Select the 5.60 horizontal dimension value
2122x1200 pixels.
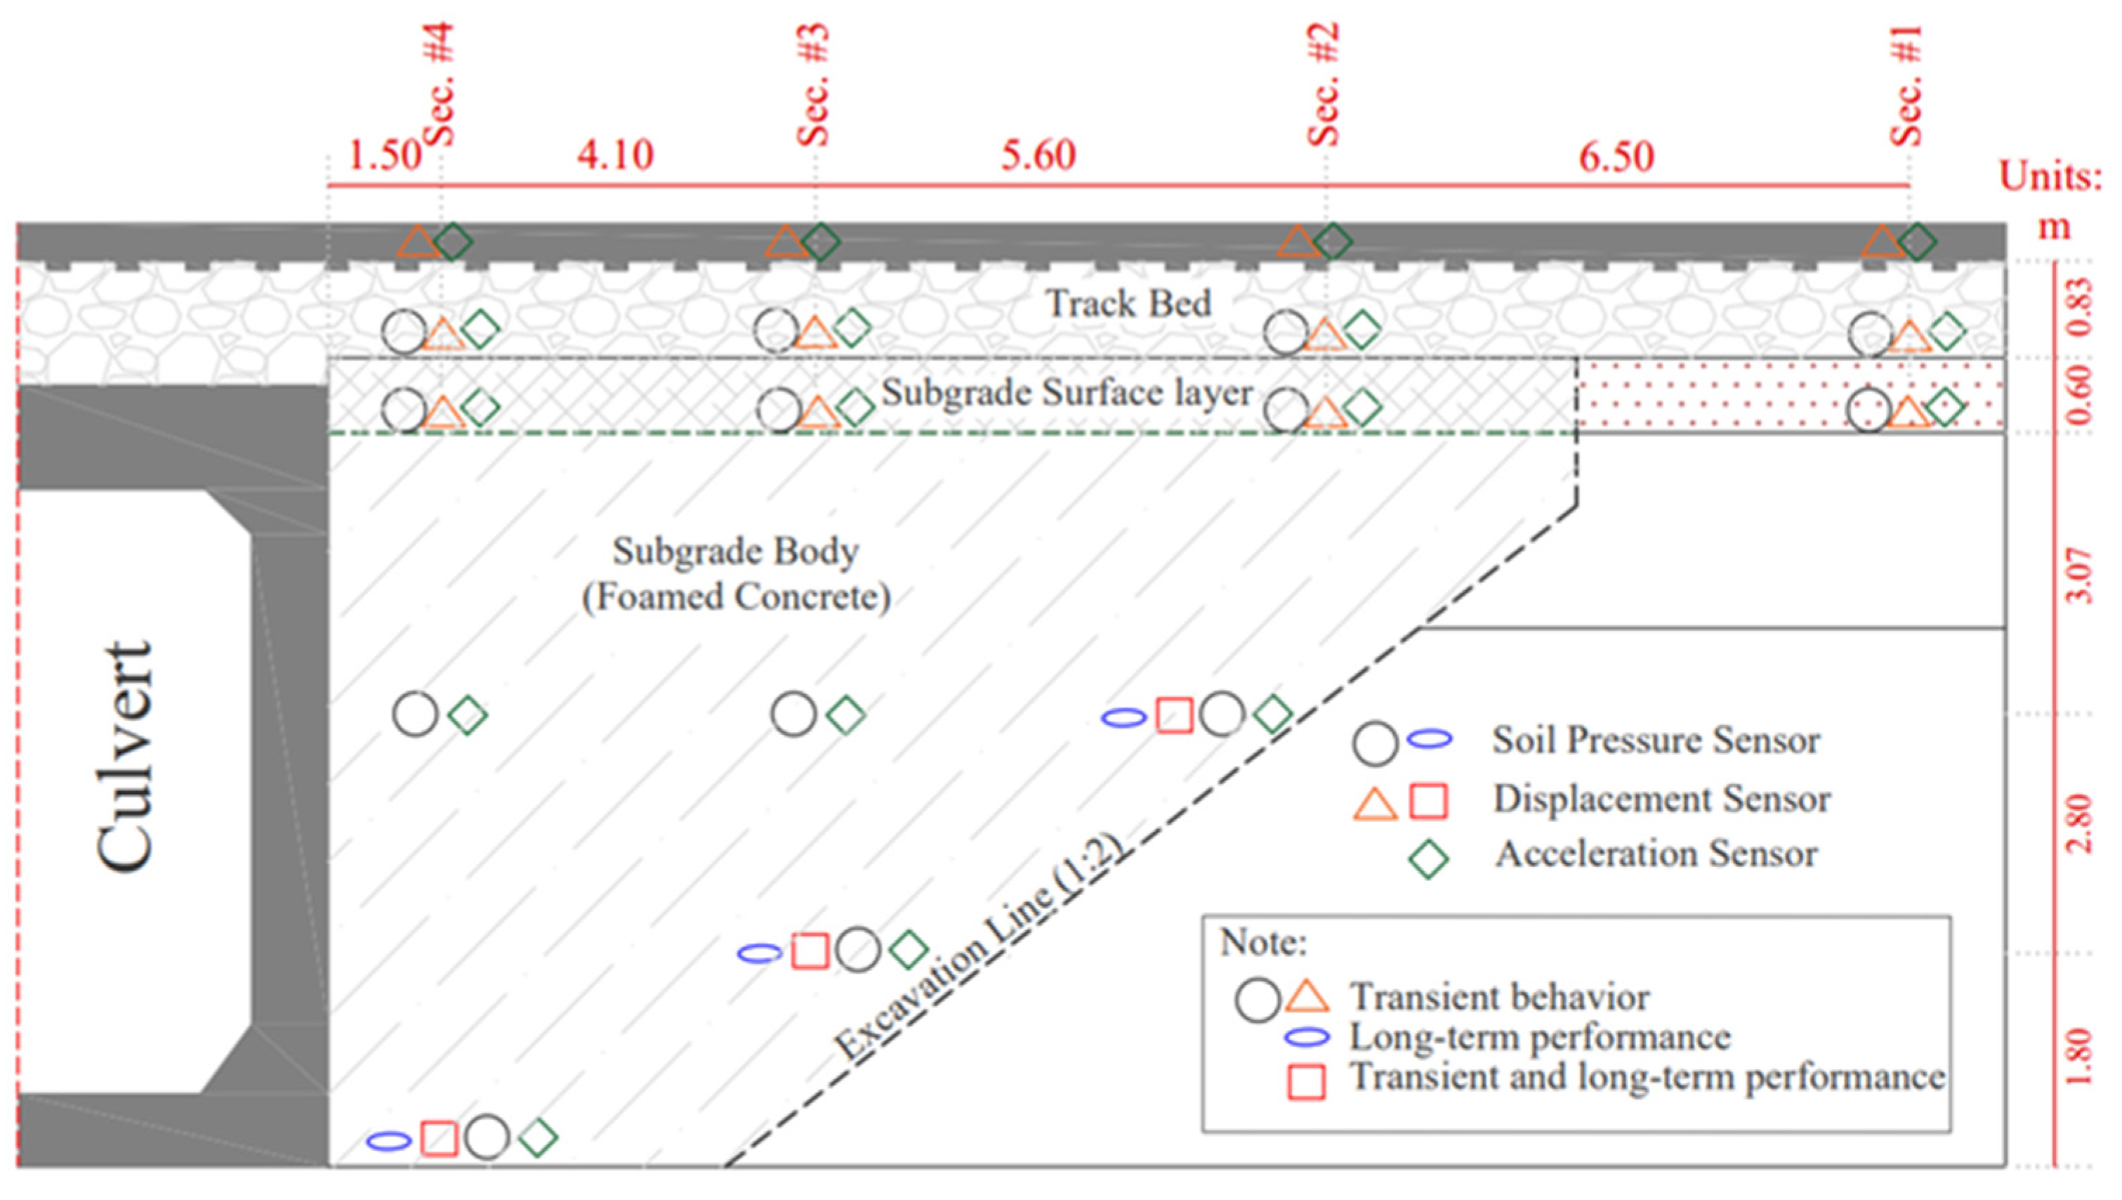1038,156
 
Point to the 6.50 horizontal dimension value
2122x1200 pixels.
1616,157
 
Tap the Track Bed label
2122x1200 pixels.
1128,304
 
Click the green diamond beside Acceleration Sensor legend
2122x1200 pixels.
1428,858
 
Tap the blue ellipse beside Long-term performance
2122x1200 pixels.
1307,1038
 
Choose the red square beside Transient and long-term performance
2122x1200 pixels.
1307,1081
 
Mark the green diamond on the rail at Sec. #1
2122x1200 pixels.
1918,242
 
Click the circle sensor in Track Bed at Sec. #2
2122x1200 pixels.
1285,332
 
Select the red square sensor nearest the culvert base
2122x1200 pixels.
439,1138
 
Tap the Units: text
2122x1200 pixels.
2050,177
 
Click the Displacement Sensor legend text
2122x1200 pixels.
1661,800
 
